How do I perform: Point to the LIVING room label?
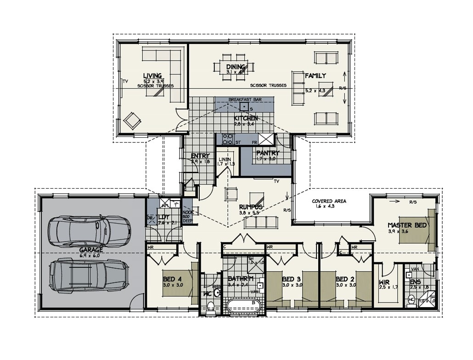click(152, 75)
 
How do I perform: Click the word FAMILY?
click(315, 75)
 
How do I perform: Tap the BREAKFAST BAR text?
click(244, 99)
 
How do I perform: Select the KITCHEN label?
click(246, 118)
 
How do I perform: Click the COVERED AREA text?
click(329, 201)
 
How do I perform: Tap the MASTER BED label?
click(407, 225)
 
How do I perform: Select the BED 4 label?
click(173, 279)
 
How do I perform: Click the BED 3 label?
click(291, 279)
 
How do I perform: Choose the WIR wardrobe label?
click(384, 282)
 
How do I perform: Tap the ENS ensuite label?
click(415, 282)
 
